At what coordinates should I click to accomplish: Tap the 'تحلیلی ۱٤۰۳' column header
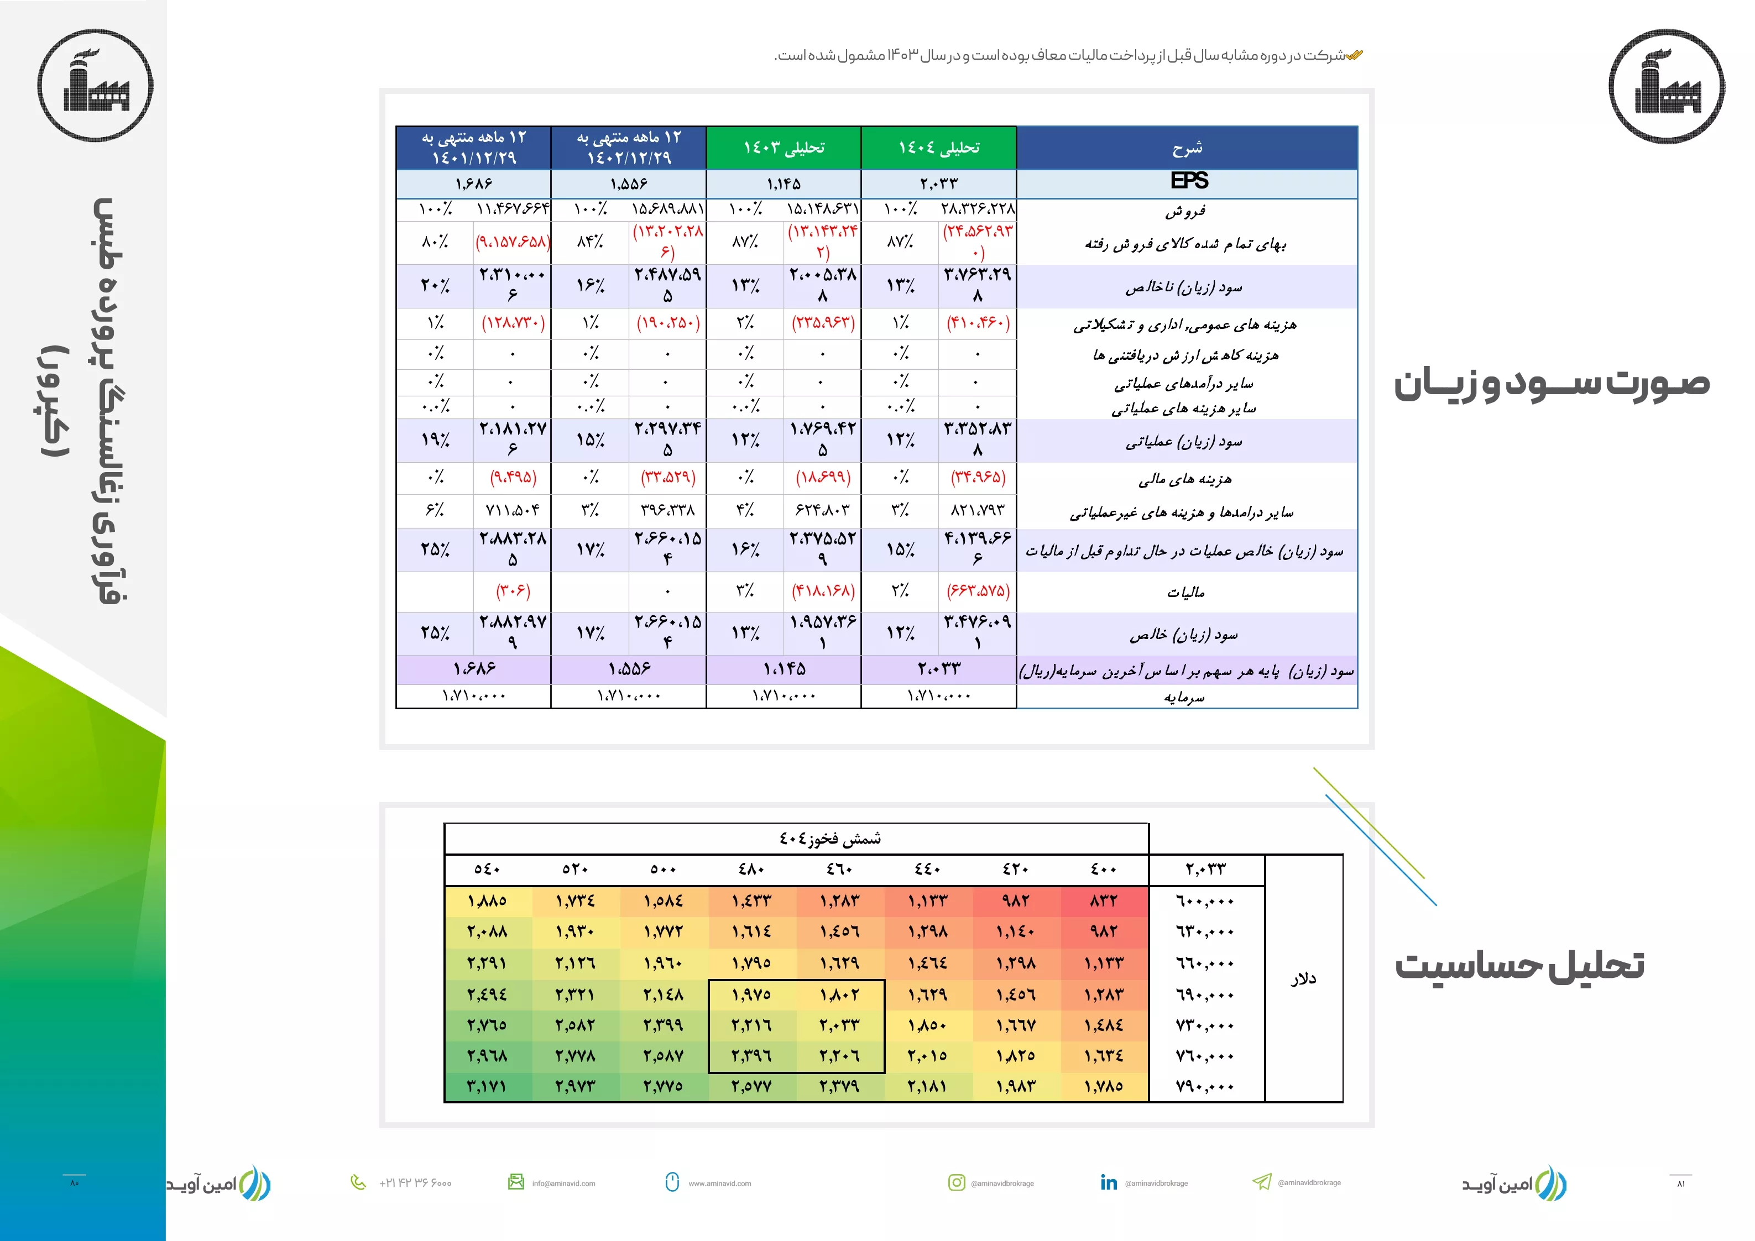[x=784, y=148]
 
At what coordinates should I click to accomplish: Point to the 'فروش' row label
[x=1185, y=211]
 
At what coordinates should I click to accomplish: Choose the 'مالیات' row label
[x=1185, y=592]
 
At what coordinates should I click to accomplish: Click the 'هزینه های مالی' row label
[x=1185, y=479]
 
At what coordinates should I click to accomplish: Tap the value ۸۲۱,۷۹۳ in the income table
[x=977, y=510]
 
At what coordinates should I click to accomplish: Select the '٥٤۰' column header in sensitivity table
[x=487, y=870]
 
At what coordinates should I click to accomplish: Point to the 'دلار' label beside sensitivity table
[x=1303, y=978]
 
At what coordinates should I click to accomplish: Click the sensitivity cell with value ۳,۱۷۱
[x=487, y=1086]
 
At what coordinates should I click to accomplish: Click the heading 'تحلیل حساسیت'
[x=1519, y=966]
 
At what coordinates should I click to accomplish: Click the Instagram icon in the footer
[x=956, y=1182]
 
